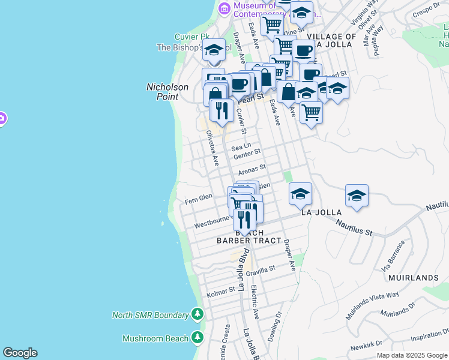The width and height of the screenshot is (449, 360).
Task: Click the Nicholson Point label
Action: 167,92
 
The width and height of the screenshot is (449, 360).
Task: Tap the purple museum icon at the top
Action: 224,8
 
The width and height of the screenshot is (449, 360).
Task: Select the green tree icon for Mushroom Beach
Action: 197,338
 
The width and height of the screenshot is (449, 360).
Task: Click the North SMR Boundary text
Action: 150,315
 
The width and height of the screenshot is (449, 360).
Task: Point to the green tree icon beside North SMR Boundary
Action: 197,314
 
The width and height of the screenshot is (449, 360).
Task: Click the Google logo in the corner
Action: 20,353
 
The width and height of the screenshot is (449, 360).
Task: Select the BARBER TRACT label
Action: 249,241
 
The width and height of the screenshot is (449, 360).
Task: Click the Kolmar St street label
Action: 221,291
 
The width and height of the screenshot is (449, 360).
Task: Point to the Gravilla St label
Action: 260,271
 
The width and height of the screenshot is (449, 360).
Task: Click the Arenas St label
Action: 252,170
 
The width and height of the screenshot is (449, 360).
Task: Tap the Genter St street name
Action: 247,154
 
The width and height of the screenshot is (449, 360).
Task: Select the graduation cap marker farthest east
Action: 357,196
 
